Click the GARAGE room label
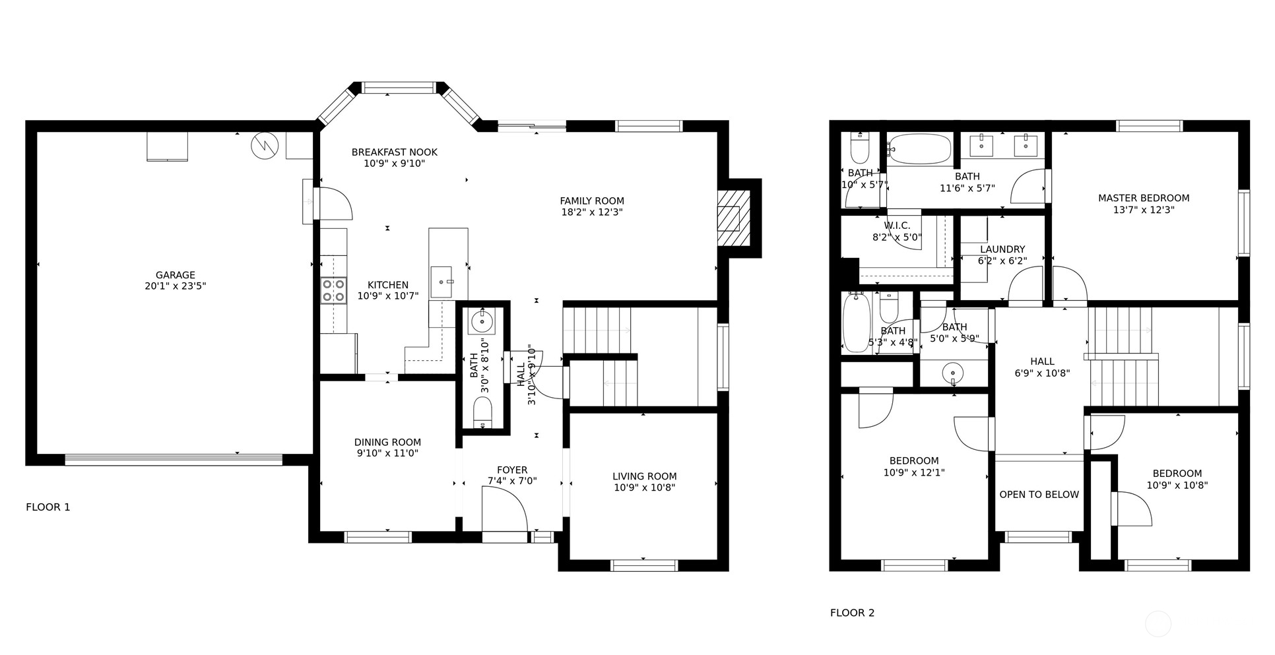point(176,275)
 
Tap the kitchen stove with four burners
point(333,290)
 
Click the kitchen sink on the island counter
point(442,282)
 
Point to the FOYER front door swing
point(505,509)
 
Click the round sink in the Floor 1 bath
point(481,322)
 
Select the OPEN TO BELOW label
point(1039,495)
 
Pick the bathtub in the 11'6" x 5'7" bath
point(919,149)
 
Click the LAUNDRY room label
point(1002,249)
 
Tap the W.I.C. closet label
point(897,226)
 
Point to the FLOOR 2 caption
point(852,613)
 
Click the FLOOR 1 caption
point(48,507)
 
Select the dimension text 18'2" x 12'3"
point(592,212)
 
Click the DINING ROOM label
point(387,443)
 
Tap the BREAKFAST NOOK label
point(394,152)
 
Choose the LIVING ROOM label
point(644,476)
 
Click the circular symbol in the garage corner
point(265,146)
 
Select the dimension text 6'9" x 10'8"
point(1042,373)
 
